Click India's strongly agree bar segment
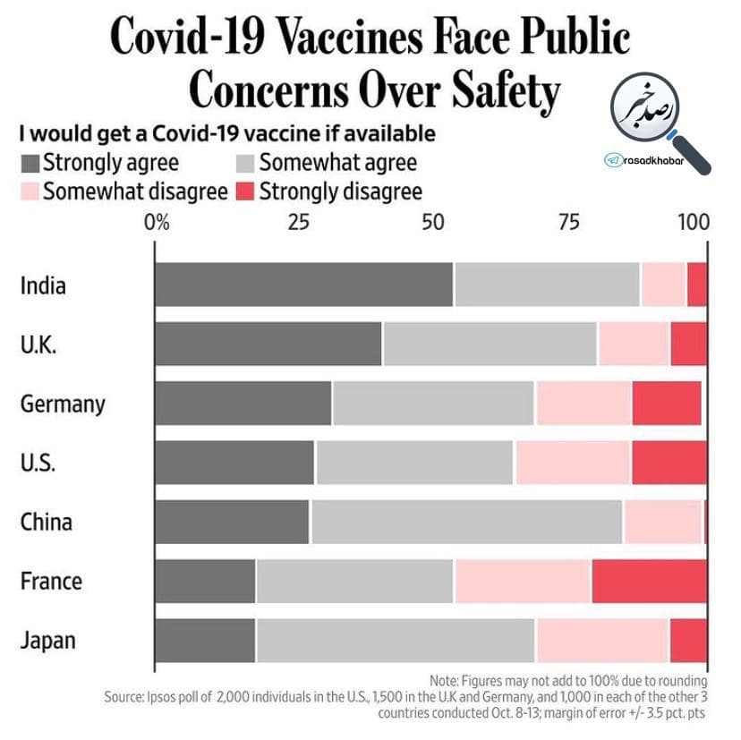303,285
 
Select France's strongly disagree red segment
649,582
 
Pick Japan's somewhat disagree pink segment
602,641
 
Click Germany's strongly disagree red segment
667,404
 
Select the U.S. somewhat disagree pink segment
573,463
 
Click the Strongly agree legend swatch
30,164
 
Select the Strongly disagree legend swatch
244,191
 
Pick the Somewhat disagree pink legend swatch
30,191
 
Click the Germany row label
63,404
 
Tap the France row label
51,582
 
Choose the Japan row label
48,641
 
